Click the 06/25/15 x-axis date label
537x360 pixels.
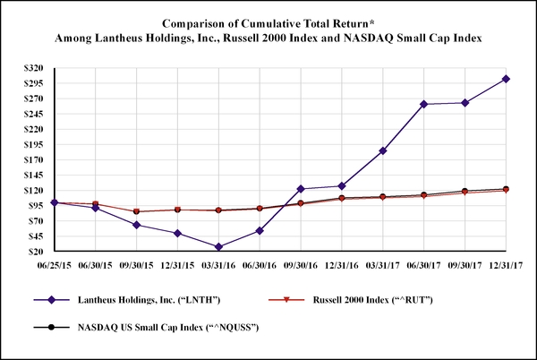53,265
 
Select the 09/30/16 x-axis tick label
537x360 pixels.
300,265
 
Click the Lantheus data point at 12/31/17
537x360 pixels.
506,79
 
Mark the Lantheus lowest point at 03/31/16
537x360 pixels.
217,246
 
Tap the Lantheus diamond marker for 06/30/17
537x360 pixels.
423,104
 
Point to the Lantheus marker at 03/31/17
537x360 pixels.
382,150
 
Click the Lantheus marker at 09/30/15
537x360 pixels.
135,225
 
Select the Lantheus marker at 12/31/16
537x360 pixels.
341,185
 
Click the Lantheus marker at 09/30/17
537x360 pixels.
465,102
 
